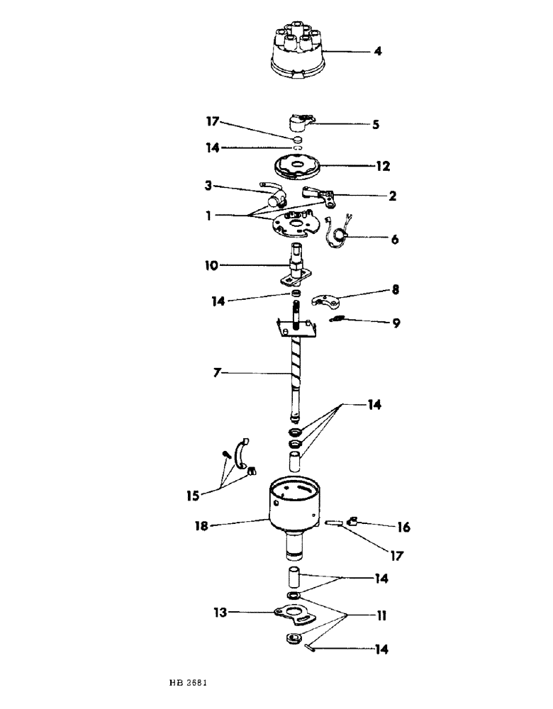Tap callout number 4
click(378, 51)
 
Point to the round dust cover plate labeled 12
click(296, 169)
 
